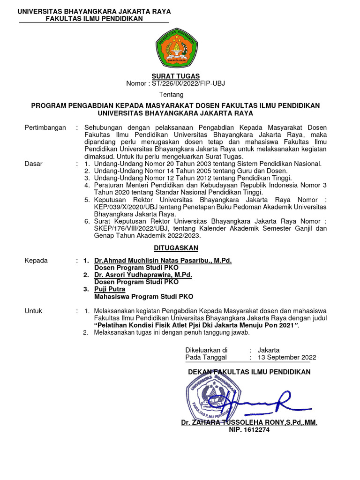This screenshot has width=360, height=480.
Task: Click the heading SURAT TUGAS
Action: [x=175, y=76]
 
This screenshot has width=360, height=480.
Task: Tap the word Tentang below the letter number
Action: [x=175, y=95]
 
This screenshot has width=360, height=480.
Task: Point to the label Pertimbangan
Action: [x=45, y=127]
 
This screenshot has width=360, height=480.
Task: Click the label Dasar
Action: [x=33, y=164]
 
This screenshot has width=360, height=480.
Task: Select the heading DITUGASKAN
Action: [x=175, y=247]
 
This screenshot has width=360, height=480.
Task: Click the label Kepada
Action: [x=36, y=261]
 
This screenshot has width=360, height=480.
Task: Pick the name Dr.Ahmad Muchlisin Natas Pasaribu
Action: [x=163, y=261]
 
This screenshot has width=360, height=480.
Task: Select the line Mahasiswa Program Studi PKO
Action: [x=143, y=297]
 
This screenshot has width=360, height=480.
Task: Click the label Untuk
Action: [x=33, y=311]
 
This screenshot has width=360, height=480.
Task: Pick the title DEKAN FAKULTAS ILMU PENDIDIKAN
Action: [x=249, y=372]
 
